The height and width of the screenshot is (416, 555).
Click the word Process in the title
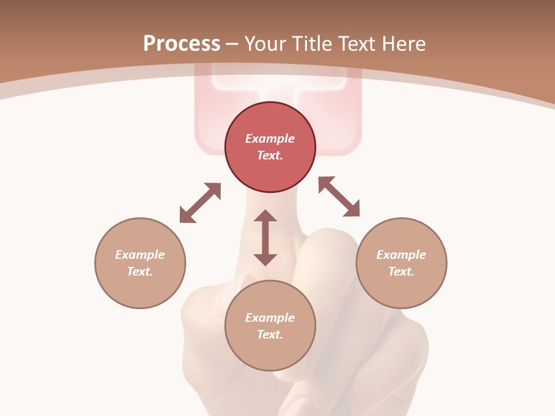[x=182, y=44]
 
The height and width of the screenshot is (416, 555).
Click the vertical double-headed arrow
[x=265, y=237]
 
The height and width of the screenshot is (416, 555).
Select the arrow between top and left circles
[x=200, y=203]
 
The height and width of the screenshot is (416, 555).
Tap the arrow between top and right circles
[x=339, y=196]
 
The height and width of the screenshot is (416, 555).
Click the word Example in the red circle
[x=270, y=139]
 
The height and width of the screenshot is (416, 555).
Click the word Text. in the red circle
[x=270, y=155]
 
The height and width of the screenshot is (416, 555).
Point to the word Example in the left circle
[x=140, y=255]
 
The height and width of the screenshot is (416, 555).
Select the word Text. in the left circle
[x=140, y=272]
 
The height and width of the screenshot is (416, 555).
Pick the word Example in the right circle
[x=401, y=255]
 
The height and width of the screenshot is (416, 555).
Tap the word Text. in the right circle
[x=401, y=272]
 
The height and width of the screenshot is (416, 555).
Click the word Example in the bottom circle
[x=270, y=318]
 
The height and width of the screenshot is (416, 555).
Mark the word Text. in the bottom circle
[x=270, y=335]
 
